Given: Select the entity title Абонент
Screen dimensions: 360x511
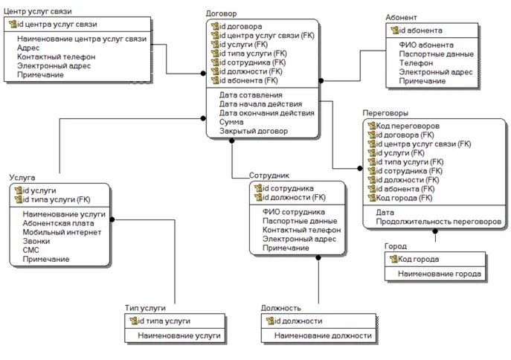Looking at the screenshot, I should [x=401, y=17].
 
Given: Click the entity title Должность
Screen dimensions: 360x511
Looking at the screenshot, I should [x=280, y=308].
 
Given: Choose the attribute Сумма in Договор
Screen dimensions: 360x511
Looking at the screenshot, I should [x=232, y=122].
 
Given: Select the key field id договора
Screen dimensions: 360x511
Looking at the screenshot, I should [x=240, y=27].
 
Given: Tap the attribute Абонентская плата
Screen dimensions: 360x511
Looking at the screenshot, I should [x=58, y=223].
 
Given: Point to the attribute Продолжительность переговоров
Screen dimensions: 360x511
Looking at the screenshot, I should [x=439, y=222].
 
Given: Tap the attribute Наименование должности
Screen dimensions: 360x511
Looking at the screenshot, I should [x=323, y=335].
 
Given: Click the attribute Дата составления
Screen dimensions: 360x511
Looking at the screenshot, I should [x=251, y=95].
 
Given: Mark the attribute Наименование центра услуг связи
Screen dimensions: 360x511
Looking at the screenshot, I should [x=82, y=39].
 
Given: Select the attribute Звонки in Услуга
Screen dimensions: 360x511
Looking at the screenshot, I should [x=36, y=241].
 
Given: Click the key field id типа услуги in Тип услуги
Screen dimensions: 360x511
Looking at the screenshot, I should [x=163, y=321].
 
